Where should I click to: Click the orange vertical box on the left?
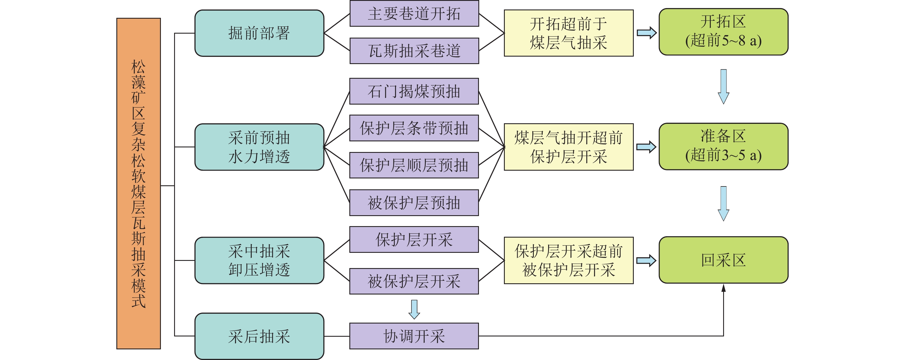tap(138, 183)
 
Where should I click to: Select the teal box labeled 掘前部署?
tap(259, 33)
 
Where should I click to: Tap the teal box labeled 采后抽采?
tap(259, 336)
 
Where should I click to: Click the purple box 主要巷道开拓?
tap(414, 13)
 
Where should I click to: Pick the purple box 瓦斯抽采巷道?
tap(414, 51)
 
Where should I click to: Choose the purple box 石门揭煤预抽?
tap(414, 91)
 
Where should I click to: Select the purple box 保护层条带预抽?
tap(414, 128)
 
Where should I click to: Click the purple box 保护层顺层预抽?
tap(414, 165)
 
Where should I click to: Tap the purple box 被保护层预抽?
tap(414, 203)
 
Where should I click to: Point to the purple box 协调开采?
tap(414, 336)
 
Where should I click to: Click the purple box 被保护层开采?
tap(414, 281)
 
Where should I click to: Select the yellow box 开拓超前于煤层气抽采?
tap(569, 33)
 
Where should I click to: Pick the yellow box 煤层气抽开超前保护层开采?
tap(569, 147)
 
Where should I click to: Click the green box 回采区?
tap(723, 260)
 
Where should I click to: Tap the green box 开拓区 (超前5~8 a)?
tap(723, 32)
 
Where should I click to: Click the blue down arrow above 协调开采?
tap(414, 309)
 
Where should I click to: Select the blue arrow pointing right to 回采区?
tap(646, 260)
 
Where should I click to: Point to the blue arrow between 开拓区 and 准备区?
tap(723, 86)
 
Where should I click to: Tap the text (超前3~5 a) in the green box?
tap(723, 155)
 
